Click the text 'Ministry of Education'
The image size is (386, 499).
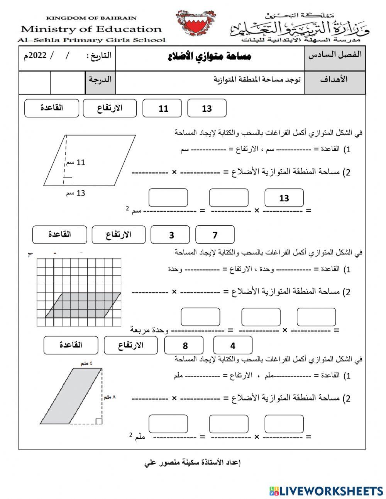[91, 29]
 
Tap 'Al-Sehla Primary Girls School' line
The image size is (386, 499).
[91, 40]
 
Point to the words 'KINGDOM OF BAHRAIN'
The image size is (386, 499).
[91, 18]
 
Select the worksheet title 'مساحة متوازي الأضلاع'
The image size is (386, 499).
[210, 57]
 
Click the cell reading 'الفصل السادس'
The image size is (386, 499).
[335, 54]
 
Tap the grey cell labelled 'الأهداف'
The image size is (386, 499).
[334, 79]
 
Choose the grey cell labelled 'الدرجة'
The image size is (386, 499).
[100, 80]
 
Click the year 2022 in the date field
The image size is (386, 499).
[37, 55]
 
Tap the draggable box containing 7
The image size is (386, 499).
[215, 235]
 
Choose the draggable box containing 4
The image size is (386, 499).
[233, 346]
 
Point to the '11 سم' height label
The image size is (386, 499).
[76, 162]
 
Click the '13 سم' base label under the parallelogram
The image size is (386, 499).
[76, 193]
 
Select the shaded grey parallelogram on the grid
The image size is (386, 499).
[83, 305]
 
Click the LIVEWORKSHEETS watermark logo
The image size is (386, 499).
[326, 491]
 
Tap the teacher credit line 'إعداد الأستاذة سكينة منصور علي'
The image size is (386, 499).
[193, 462]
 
